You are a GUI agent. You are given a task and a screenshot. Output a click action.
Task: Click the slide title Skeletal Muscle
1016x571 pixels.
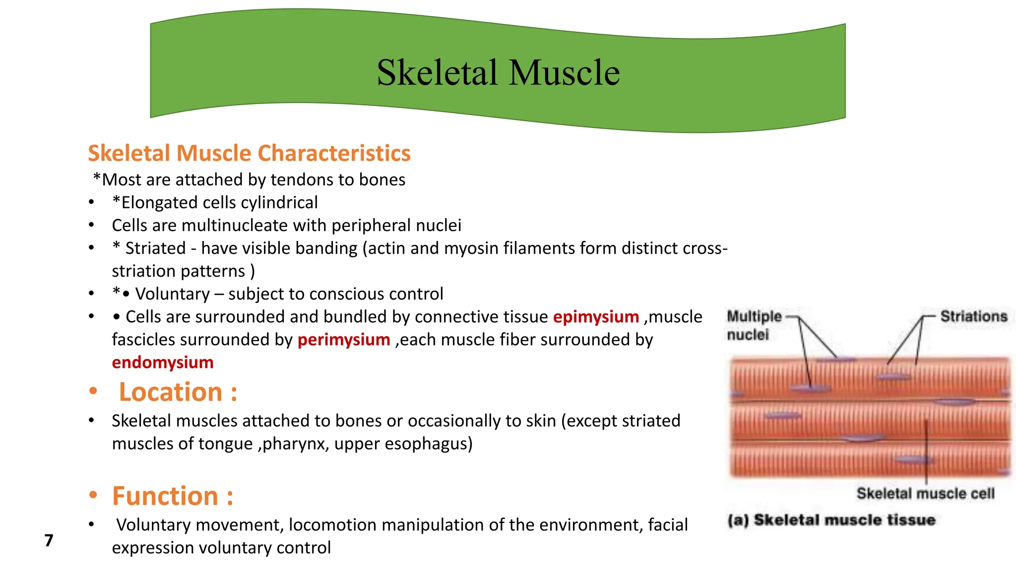pyautogui.click(x=498, y=72)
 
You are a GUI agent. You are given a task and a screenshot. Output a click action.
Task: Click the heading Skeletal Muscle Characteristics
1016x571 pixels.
pyautogui.click(x=249, y=153)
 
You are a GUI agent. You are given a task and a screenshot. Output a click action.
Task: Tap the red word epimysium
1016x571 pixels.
pyautogui.click(x=596, y=317)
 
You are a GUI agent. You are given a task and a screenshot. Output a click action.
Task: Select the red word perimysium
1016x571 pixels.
pyautogui.click(x=344, y=340)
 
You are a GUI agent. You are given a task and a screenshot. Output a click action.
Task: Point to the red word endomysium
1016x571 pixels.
pyautogui.click(x=163, y=362)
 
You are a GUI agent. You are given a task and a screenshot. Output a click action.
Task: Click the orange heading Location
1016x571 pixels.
pyautogui.click(x=178, y=392)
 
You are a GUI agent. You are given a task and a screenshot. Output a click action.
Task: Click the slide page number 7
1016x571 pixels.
pyautogui.click(x=49, y=540)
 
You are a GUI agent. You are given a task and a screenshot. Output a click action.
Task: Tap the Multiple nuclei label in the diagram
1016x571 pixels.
pyautogui.click(x=754, y=325)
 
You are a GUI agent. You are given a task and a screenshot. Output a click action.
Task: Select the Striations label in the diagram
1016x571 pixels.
pyautogui.click(x=973, y=316)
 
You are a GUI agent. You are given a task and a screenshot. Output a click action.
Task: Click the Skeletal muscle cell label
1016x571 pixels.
pyautogui.click(x=925, y=494)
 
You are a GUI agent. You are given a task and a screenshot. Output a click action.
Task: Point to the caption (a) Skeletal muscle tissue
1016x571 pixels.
pyautogui.click(x=831, y=520)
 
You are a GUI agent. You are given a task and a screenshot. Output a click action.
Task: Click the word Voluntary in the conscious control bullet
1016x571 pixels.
pyautogui.click(x=173, y=294)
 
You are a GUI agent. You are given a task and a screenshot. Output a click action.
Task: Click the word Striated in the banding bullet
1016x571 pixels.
pyautogui.click(x=155, y=248)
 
